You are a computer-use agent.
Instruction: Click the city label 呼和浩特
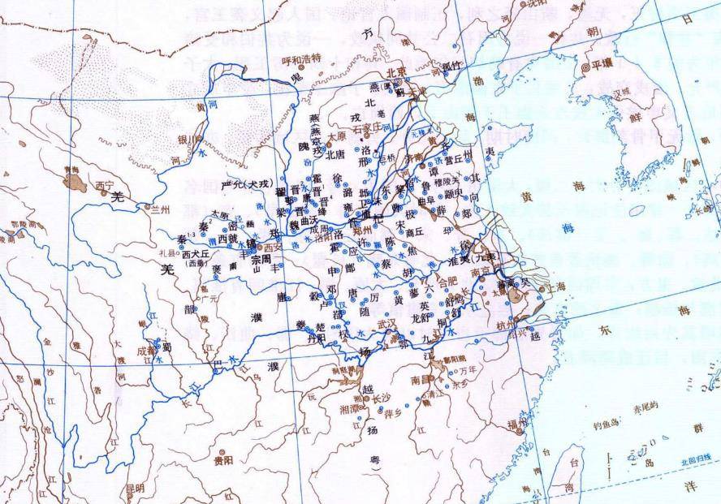pyautogui.click(x=302, y=58)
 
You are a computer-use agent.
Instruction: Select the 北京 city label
pyautogui.click(x=395, y=71)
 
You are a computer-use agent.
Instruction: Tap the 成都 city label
pyautogui.click(x=147, y=351)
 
